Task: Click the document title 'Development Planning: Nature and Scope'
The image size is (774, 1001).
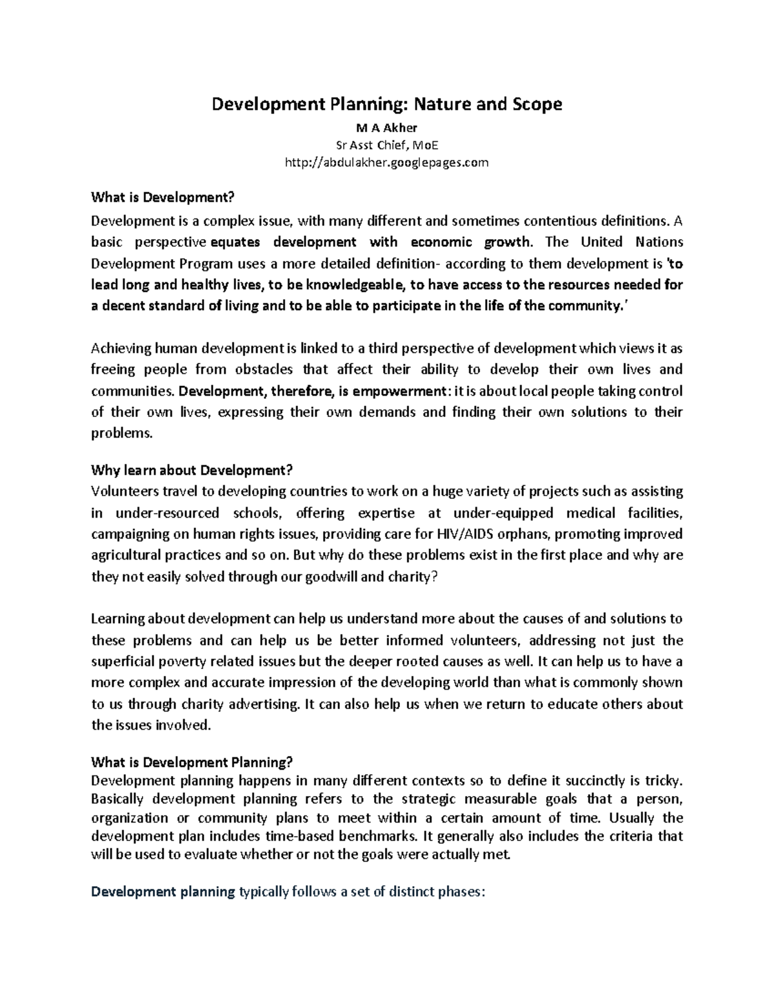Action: [x=387, y=104]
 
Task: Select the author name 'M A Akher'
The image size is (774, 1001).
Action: [x=387, y=128]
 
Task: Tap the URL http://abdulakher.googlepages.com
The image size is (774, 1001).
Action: [x=387, y=162]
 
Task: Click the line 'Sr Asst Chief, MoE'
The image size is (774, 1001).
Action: [x=387, y=145]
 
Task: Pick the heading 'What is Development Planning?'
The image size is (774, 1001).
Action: [x=192, y=762]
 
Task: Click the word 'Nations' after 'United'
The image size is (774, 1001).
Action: [x=659, y=242]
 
